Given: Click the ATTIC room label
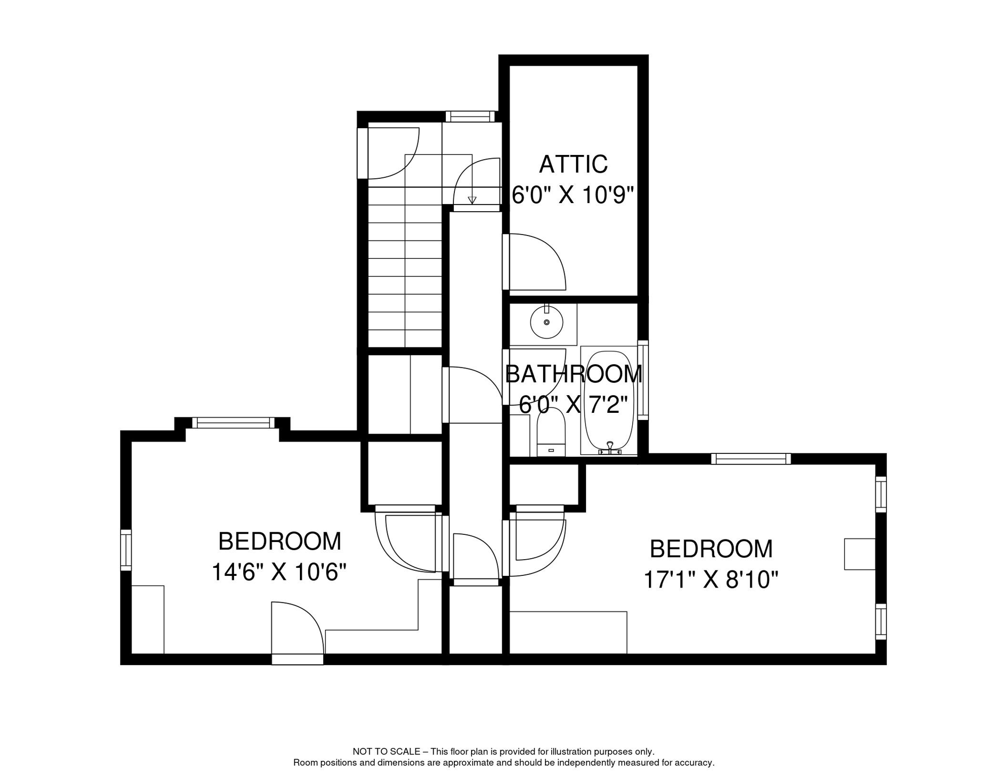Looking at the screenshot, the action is click(573, 165).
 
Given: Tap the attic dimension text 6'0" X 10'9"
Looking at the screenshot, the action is click(573, 195).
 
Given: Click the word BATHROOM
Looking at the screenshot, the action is click(574, 374).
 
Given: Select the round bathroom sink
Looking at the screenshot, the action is click(547, 322).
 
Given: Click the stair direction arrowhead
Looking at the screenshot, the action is click(472, 200).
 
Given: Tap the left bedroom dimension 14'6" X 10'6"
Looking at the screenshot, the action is click(279, 572).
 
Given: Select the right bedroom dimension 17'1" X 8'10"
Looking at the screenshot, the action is click(711, 579).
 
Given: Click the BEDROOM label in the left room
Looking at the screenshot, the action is click(280, 541).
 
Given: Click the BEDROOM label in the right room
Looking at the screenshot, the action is click(711, 549).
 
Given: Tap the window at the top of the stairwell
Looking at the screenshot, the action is click(470, 116).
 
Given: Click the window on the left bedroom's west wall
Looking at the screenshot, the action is click(126, 550).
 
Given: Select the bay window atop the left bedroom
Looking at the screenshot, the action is click(233, 422).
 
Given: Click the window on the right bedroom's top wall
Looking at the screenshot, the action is click(751, 459).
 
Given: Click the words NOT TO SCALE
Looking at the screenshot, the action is click(386, 752).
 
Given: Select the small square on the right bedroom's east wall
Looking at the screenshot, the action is click(860, 554).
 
